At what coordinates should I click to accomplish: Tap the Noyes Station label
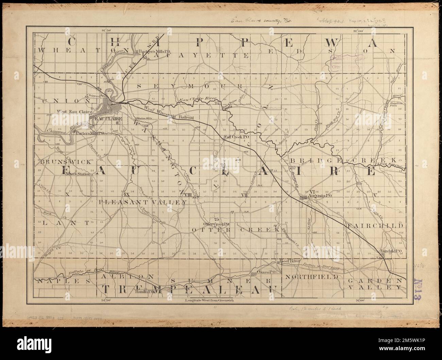click(78, 174)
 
